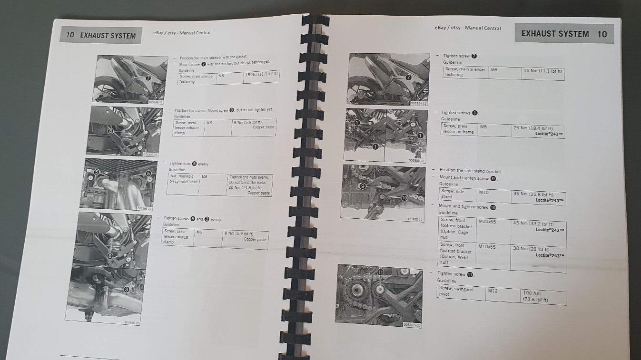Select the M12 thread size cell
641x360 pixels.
click(492, 291)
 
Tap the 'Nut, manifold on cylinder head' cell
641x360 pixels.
click(183, 179)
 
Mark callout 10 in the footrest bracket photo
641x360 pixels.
click(404, 197)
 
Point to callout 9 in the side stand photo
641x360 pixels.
click(363, 186)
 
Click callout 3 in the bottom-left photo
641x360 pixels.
click(126, 289)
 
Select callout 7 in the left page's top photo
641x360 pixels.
click(148, 78)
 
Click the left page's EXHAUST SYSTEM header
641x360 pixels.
click(108, 36)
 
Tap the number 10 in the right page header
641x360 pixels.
click(602, 34)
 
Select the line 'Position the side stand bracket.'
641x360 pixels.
click(470, 171)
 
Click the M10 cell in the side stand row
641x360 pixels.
click(484, 192)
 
